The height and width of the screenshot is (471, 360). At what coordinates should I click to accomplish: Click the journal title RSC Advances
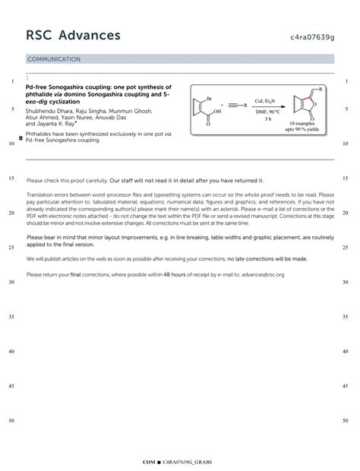(73, 36)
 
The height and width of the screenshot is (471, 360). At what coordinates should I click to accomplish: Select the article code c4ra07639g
(311, 36)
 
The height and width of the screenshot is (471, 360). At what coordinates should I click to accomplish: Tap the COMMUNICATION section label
(54, 58)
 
